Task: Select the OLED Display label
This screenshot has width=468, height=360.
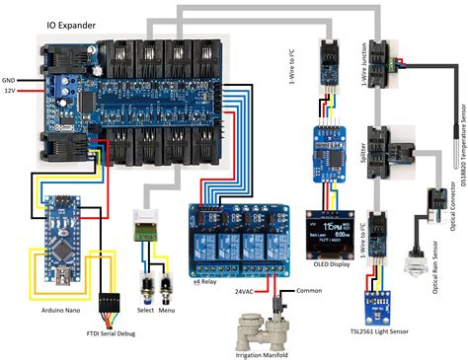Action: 328,265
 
